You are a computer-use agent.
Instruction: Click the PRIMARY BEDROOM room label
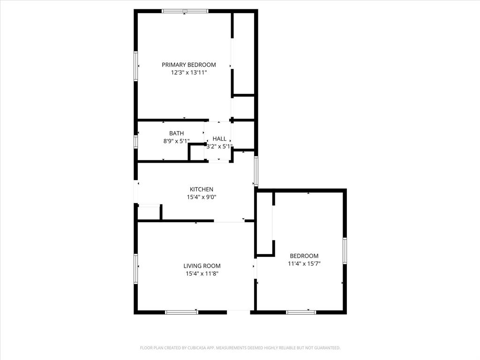(x=188, y=65)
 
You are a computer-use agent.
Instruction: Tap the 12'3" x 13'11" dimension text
(x=188, y=73)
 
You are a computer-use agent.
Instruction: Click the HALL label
(x=219, y=139)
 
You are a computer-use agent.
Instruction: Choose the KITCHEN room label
(x=202, y=189)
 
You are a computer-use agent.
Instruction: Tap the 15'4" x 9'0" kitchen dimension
(x=202, y=197)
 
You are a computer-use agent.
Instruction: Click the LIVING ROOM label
(x=202, y=266)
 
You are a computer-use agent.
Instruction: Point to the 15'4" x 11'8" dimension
(x=202, y=273)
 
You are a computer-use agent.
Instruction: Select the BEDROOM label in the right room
(x=304, y=256)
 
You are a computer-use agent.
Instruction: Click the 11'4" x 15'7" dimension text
(x=304, y=263)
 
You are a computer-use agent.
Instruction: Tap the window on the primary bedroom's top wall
(x=185, y=11)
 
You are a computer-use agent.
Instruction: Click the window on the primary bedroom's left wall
(x=136, y=67)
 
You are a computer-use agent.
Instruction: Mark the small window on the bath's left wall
(x=136, y=142)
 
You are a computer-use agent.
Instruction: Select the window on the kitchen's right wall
(x=256, y=171)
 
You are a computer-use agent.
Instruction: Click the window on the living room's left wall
(x=136, y=269)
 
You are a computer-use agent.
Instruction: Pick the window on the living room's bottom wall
(x=181, y=312)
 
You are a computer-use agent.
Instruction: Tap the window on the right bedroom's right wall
(x=345, y=251)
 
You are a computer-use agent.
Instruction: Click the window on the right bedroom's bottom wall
(x=301, y=312)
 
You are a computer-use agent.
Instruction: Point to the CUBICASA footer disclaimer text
(x=240, y=348)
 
